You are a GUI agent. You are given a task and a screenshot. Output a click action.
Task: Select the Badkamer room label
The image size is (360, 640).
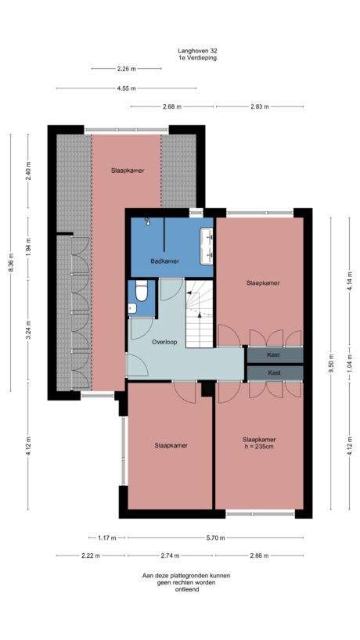click(164, 261)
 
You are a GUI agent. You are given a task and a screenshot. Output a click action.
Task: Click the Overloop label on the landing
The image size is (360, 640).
click(164, 342)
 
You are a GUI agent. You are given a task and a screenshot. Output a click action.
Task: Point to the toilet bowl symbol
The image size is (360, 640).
click(142, 293)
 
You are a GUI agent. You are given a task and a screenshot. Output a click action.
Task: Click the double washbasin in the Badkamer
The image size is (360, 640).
click(207, 243)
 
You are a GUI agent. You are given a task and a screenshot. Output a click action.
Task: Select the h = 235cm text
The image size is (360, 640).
click(259, 447)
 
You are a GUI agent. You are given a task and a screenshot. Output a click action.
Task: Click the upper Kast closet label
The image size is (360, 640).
click(274, 355)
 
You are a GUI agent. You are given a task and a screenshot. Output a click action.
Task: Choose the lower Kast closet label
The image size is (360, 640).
click(274, 373)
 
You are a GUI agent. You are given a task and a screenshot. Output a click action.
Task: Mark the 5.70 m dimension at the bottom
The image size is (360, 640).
click(215, 538)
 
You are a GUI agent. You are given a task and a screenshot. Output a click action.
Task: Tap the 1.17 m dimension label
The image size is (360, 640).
click(107, 538)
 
